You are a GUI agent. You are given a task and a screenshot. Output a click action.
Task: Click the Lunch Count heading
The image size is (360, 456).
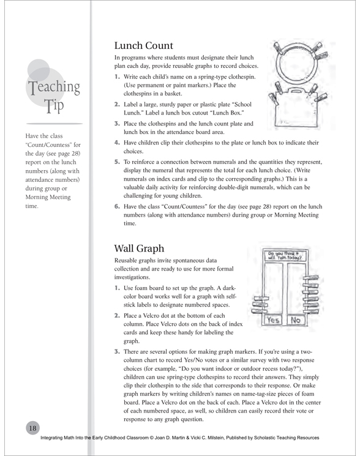(144, 45)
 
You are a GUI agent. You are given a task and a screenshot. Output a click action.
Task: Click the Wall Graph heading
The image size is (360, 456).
(139, 249)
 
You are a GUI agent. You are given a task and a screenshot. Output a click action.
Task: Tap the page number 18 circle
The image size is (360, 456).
(32, 428)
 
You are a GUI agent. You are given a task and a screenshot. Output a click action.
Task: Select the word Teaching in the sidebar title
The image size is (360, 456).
(54, 87)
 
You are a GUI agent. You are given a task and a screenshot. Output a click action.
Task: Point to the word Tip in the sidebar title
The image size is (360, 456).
(54, 106)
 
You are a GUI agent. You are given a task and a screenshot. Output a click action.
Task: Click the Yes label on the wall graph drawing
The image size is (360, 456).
(273, 320)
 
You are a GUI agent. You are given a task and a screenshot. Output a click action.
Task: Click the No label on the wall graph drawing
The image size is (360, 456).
(296, 320)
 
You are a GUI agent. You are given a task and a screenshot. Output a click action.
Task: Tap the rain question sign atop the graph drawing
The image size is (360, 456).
(285, 256)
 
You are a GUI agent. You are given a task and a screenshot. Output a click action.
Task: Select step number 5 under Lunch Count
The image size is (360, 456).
(117, 162)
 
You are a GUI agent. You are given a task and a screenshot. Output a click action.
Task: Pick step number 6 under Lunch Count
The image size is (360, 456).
(117, 206)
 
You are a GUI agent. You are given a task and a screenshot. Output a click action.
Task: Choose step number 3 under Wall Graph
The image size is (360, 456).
(117, 351)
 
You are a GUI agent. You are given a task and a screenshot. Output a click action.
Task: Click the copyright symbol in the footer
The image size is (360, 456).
(151, 438)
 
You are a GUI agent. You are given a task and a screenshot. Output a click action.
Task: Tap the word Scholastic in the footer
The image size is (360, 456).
(264, 438)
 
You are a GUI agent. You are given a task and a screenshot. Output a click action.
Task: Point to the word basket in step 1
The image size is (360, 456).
(173, 94)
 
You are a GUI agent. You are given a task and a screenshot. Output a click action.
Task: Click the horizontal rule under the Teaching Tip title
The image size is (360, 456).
(54, 124)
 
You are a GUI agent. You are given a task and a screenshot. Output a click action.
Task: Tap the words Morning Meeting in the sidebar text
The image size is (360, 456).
(48, 197)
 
